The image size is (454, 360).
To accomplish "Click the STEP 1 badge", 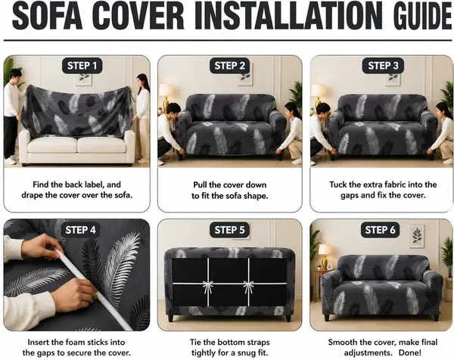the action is coord(82,66).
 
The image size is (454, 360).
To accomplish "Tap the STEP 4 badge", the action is coord(80,230).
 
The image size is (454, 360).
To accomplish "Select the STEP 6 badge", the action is coord(380,230).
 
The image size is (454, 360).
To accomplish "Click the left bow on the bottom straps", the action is coord(208,287).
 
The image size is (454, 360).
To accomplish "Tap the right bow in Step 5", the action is coord(248,287).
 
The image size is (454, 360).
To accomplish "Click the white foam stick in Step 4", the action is coord(93,290).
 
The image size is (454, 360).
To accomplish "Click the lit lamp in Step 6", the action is coord(325,256).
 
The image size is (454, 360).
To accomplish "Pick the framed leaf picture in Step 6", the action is coord(417,236).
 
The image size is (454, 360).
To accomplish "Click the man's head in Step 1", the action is coord(15,76).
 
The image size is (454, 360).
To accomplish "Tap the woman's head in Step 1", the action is coord(142,80).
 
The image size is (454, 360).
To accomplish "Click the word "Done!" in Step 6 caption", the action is coord(410,352).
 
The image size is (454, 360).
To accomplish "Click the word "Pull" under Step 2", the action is coord(200,185).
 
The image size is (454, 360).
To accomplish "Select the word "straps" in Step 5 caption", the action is coord(257,343).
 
